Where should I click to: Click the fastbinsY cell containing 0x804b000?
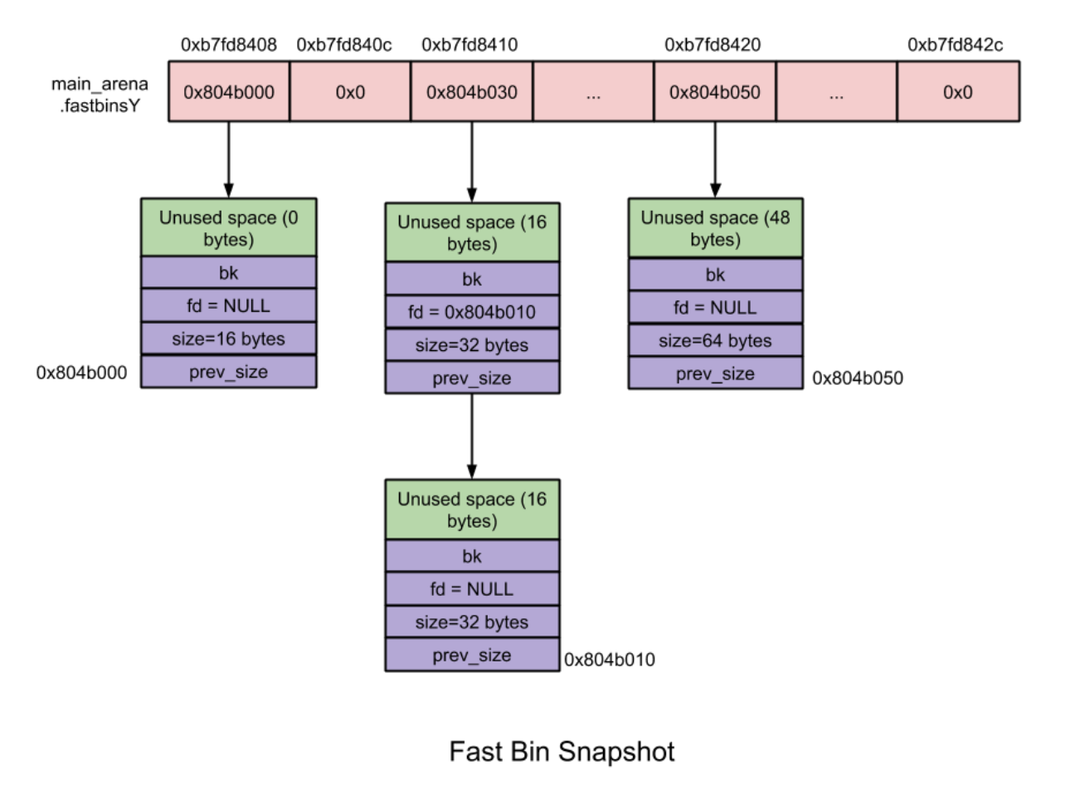229,92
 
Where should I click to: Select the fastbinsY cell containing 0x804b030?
471,92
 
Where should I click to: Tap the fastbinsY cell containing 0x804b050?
714,92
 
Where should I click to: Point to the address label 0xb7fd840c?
344,45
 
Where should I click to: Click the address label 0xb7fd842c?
955,45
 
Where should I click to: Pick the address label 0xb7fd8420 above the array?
713,45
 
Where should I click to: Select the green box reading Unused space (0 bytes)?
228,228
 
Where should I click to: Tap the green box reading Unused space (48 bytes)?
715,228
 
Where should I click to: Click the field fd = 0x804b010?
472,312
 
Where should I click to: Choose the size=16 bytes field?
228,339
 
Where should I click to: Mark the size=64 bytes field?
715,340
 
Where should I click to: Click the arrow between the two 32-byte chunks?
472,436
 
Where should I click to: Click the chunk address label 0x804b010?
610,660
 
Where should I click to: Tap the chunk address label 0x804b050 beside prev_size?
857,378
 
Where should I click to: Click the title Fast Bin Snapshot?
562,751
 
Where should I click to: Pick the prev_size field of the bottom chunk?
472,655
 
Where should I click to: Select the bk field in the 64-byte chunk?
715,275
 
